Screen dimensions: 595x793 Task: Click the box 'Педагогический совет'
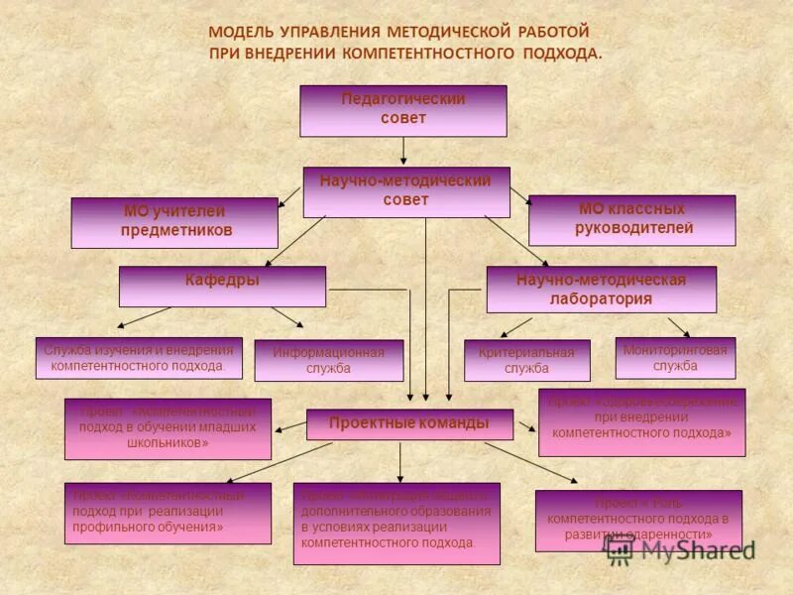403,110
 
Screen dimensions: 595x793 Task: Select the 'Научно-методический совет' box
406,191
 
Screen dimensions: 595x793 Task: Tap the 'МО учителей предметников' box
174,222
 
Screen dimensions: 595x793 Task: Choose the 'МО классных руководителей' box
631,219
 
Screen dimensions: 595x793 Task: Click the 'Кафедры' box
222,286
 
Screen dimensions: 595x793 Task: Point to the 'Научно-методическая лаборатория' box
601,289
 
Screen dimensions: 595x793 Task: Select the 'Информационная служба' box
329,361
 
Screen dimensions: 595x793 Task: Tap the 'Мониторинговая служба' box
675,358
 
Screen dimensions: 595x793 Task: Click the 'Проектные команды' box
409,423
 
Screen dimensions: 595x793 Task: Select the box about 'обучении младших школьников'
168,428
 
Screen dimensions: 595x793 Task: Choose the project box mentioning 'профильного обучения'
168,513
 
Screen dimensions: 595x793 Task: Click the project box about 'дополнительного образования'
396,523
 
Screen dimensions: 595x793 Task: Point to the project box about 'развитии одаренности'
638,520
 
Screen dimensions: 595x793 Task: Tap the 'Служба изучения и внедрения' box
139,358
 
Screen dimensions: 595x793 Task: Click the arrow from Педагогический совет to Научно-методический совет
403,151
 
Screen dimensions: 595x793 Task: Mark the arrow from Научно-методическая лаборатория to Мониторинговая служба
678,327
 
